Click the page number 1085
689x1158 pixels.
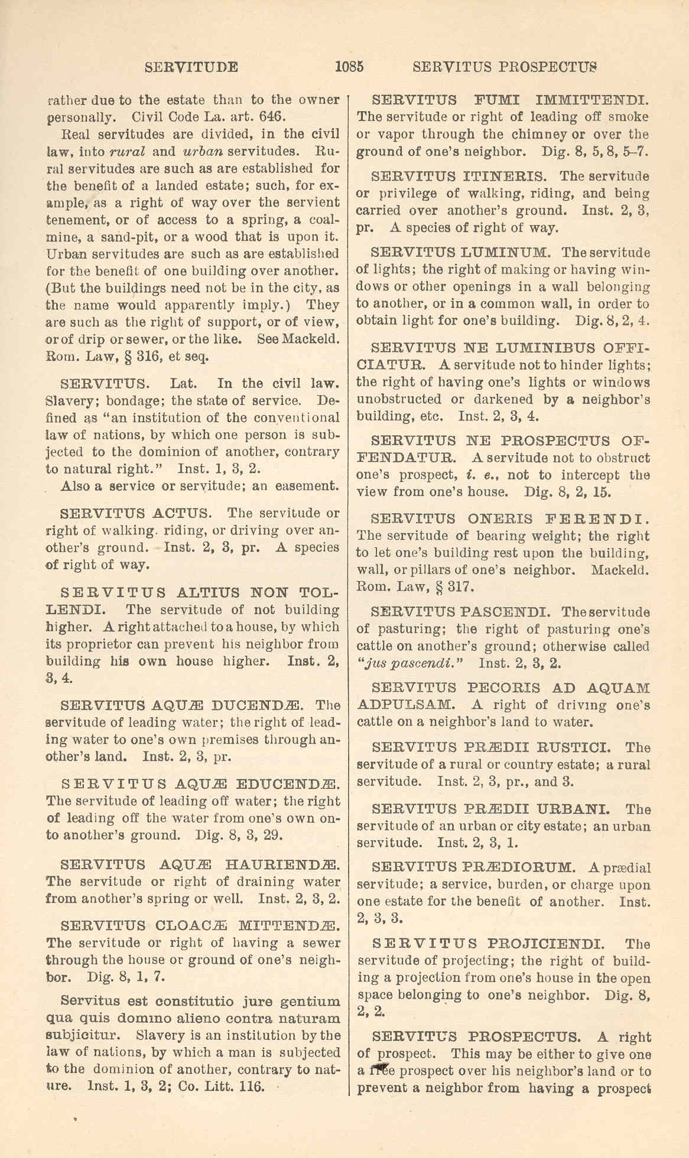pyautogui.click(x=349, y=66)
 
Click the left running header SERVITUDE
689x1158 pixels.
pyautogui.click(x=191, y=67)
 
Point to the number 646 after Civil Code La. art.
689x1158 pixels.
pyautogui.click(x=274, y=116)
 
